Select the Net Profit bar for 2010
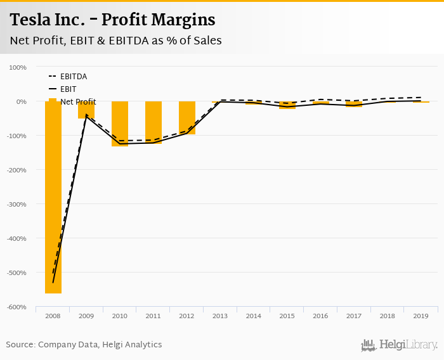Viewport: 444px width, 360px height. pos(120,124)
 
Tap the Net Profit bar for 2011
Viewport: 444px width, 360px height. pos(153,122)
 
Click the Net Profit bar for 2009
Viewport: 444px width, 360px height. pos(87,110)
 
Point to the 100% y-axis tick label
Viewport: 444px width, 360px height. pos(18,67)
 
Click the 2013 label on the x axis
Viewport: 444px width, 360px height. pos(220,315)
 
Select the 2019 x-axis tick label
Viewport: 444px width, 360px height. pos(421,315)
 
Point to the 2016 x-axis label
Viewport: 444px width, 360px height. pos(320,315)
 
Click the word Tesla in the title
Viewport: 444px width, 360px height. pos(31,20)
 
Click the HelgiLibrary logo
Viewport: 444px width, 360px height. pos(400,345)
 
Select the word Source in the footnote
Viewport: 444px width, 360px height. pos(20,344)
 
